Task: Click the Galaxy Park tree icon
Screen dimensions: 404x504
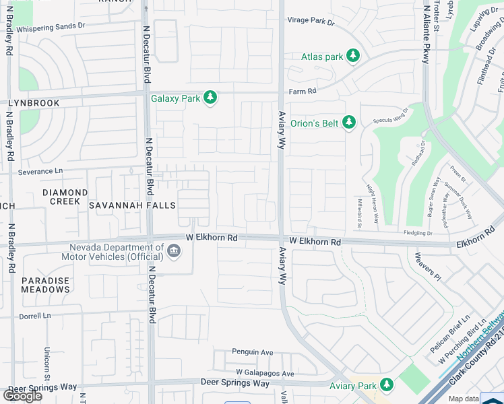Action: (211, 98)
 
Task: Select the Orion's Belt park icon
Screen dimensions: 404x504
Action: (348, 123)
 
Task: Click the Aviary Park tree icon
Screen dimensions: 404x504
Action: (386, 385)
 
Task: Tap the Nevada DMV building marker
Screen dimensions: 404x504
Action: (174, 252)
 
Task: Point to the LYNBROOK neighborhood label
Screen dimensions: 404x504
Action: (34, 103)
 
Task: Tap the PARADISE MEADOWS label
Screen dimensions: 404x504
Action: (45, 285)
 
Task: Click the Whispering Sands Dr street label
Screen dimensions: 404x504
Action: (61, 29)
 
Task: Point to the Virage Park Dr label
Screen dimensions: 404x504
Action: (311, 21)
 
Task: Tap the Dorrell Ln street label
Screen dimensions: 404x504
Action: (34, 316)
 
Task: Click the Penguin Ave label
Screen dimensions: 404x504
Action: (253, 351)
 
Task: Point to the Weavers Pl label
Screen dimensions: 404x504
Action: (427, 267)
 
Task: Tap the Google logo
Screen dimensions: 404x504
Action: (22, 396)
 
